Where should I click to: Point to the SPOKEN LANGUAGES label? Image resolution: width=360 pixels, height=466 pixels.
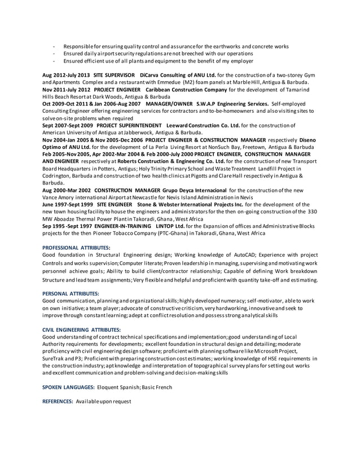[x=68, y=387]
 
